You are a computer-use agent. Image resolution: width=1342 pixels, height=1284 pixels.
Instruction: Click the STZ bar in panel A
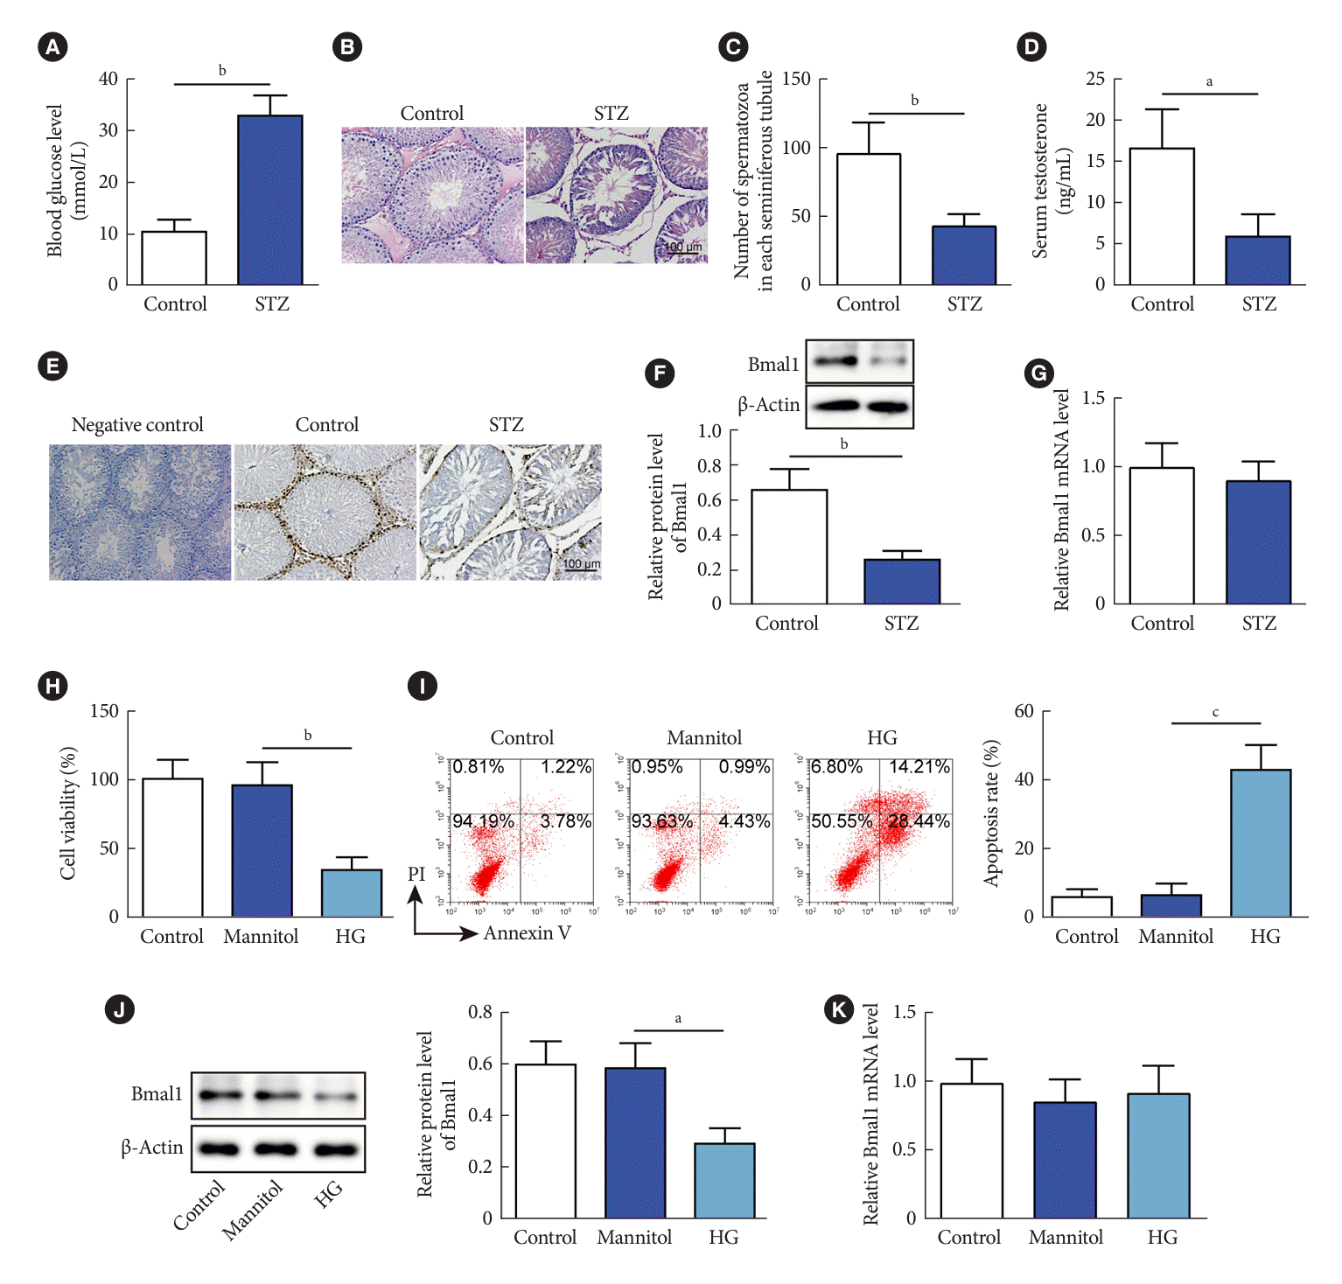point(270,200)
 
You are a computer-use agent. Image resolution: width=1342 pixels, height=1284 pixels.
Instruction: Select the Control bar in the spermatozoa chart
point(868,220)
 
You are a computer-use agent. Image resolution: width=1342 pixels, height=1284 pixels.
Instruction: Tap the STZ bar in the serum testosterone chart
point(1258,261)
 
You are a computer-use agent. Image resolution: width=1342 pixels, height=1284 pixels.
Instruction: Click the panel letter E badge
point(53,366)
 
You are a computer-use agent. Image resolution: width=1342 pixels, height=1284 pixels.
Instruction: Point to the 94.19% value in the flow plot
point(483,822)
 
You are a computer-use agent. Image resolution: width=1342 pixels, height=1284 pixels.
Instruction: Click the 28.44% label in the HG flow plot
point(919,822)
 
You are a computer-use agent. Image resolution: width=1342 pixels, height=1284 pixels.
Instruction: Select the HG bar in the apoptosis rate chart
point(1261,843)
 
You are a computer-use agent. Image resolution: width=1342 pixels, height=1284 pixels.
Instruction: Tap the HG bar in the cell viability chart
point(352,893)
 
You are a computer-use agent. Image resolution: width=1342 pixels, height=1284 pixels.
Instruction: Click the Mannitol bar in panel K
point(1065,1160)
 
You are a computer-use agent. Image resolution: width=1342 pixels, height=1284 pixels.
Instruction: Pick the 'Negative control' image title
point(137,425)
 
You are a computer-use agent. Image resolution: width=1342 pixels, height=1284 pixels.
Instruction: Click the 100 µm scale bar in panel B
point(683,249)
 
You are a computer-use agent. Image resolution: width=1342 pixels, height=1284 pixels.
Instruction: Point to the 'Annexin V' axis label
point(528,933)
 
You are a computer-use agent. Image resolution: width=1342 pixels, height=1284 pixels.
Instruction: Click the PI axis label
point(416,874)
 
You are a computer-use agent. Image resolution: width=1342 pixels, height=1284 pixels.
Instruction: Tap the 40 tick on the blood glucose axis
point(108,79)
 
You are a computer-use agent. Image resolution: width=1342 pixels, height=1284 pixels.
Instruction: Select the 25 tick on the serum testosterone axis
point(1095,79)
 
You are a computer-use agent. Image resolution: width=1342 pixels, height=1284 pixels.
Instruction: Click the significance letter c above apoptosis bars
point(1215,713)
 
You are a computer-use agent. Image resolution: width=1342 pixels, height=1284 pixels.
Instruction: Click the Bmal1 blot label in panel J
point(157,1094)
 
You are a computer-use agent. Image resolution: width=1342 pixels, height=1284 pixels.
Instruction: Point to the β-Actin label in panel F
point(768,405)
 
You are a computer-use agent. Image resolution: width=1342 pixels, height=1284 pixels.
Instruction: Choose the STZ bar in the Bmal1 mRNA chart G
point(1258,542)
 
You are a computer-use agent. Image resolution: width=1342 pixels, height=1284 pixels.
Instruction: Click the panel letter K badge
point(839,1010)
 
